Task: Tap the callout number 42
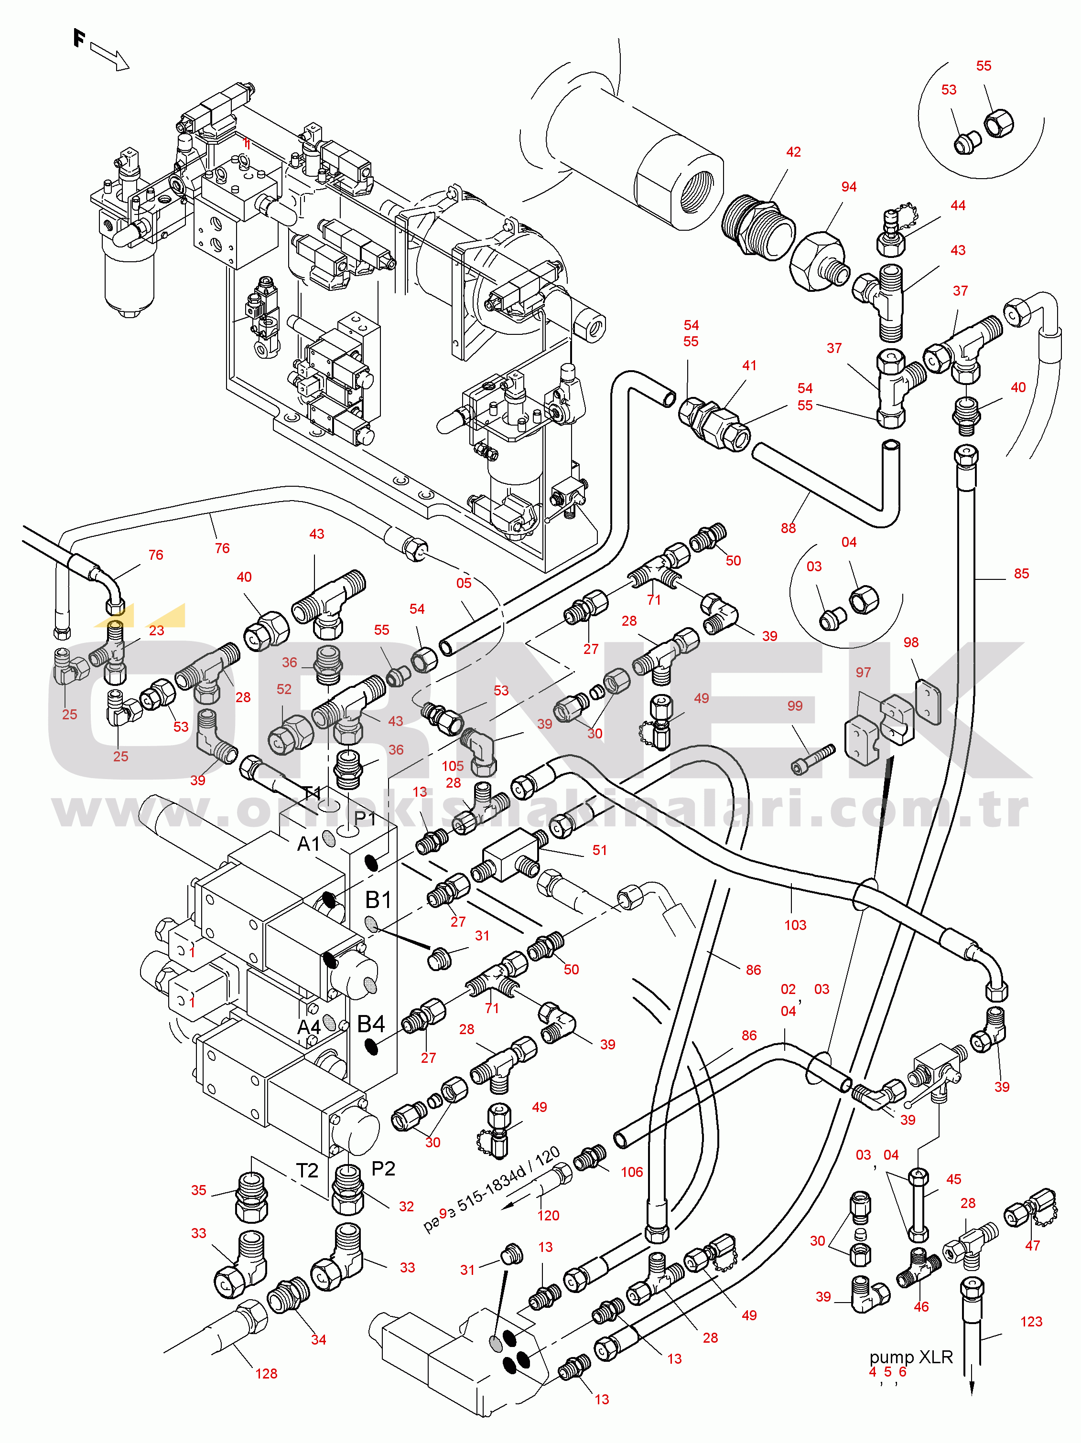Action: (793, 152)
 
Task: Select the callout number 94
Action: (849, 187)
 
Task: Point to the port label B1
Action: (378, 900)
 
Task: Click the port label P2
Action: (383, 1168)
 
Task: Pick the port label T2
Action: (307, 1170)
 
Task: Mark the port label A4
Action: (309, 1027)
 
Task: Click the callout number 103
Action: (795, 925)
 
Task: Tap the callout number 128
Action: (266, 1374)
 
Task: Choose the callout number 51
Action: (599, 850)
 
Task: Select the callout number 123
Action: (1031, 1322)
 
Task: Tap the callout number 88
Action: (788, 528)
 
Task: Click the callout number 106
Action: (631, 1172)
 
